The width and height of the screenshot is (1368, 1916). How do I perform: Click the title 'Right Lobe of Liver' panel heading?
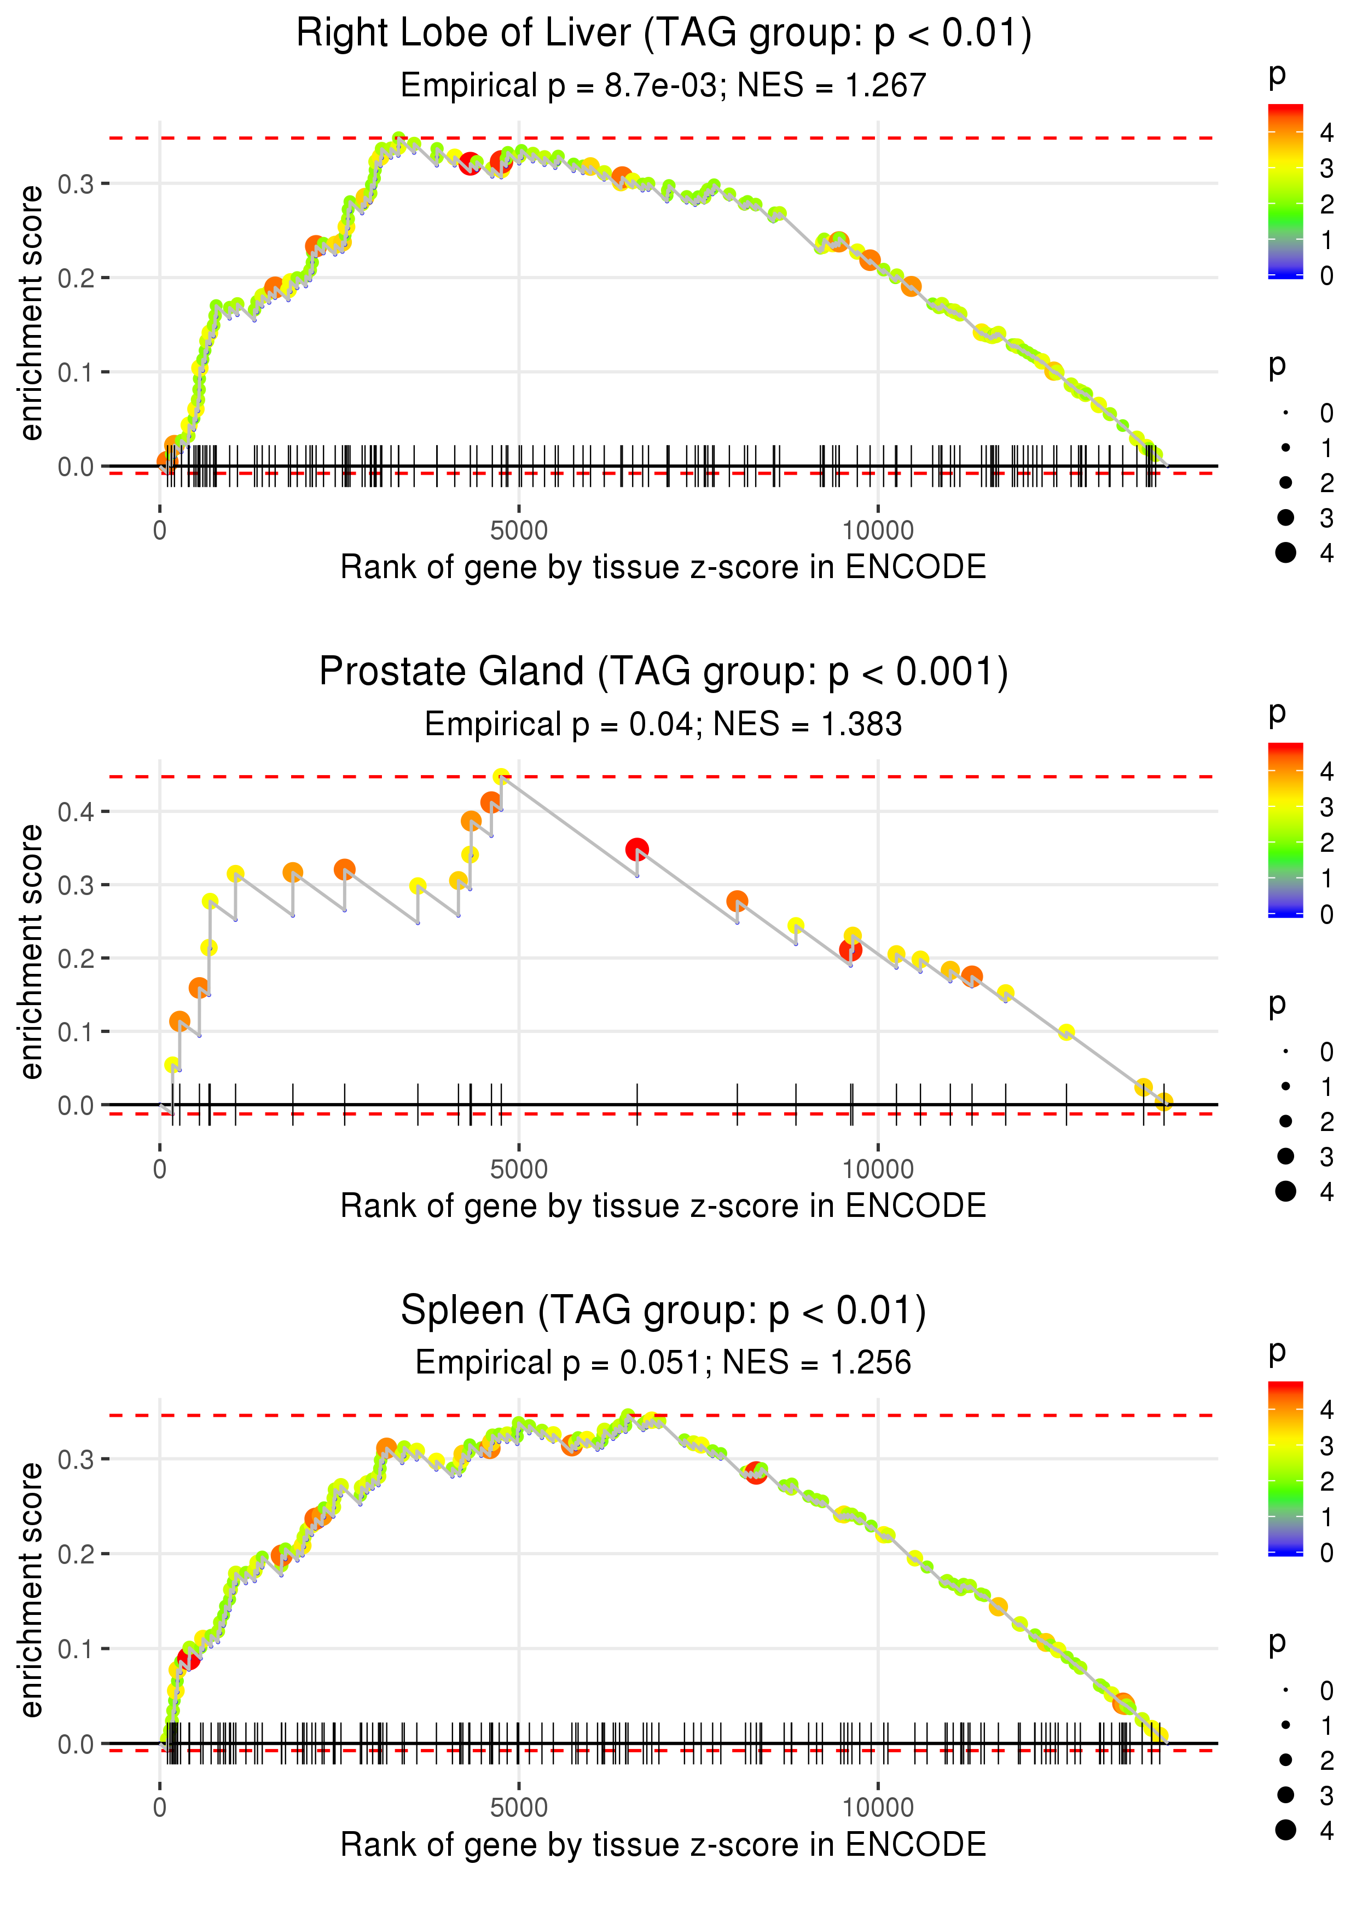click(664, 34)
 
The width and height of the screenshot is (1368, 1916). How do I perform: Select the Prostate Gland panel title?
click(664, 672)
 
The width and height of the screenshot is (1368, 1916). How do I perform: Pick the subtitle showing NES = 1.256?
click(664, 1363)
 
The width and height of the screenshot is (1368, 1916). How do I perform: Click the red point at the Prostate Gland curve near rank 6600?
click(637, 849)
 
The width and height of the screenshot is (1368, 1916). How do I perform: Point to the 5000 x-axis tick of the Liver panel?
click(519, 531)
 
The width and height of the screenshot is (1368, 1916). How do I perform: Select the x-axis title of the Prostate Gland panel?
click(664, 1207)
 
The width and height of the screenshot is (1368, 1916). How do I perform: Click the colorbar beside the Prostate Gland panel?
click(1285, 830)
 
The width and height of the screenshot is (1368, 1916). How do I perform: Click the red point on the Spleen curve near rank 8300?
click(756, 1473)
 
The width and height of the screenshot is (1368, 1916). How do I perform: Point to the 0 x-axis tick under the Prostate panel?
click(160, 1169)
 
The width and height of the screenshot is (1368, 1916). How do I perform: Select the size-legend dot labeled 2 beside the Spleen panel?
click(1285, 1760)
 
